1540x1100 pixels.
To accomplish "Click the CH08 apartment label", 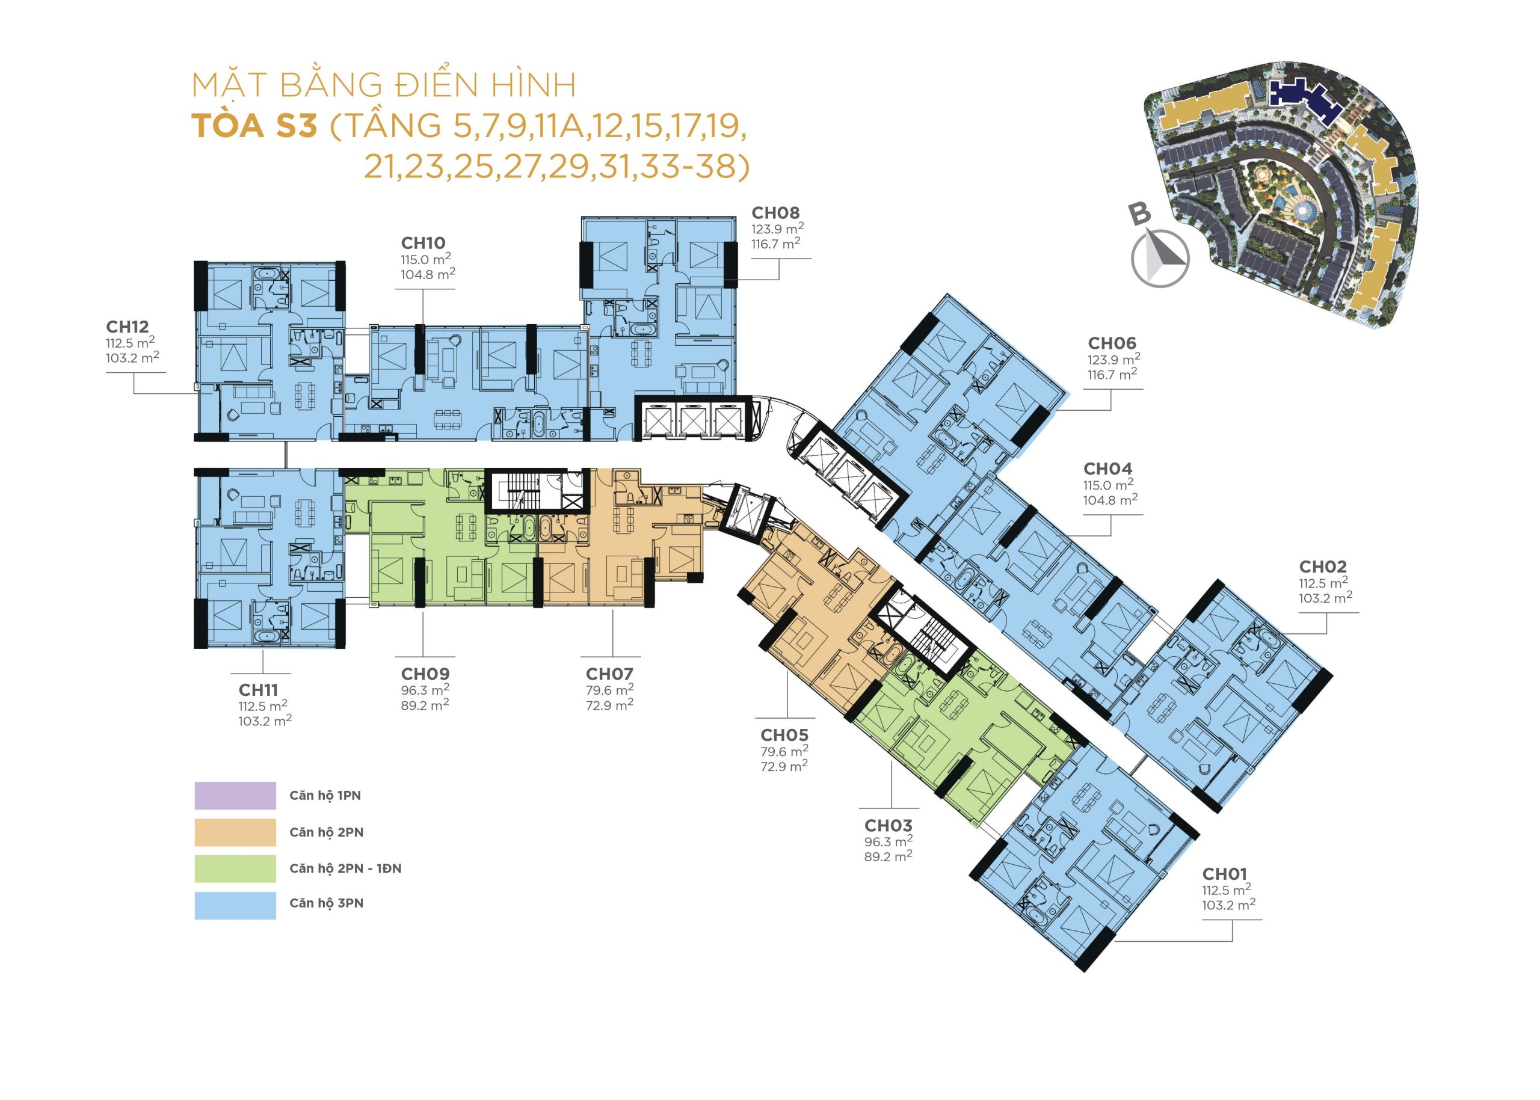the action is pos(776,213).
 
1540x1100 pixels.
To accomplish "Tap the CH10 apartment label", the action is pos(423,242).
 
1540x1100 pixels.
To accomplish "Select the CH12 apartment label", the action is pos(128,327).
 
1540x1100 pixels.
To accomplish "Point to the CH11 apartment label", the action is pos(258,690).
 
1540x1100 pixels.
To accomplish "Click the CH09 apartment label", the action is pos(425,674).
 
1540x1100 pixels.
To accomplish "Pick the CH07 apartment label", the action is pos(610,674).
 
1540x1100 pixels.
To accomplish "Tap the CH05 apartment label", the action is pos(784,735).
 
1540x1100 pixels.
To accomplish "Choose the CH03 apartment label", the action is pos(889,826).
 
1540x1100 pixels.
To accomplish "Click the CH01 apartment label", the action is pos(1225,874).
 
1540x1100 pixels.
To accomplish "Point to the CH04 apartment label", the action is pos(1107,469).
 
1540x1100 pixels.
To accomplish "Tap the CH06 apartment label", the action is pos(1112,343).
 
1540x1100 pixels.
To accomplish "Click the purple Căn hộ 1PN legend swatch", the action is pos(235,796).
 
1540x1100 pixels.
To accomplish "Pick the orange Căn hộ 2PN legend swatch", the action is pos(235,832).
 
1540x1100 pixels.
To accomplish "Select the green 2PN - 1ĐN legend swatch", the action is pos(235,868).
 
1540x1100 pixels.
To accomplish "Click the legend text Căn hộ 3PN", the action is pos(327,903).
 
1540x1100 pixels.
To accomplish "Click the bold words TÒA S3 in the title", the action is pos(254,126).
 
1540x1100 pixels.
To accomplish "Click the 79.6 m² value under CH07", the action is pos(610,690).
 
